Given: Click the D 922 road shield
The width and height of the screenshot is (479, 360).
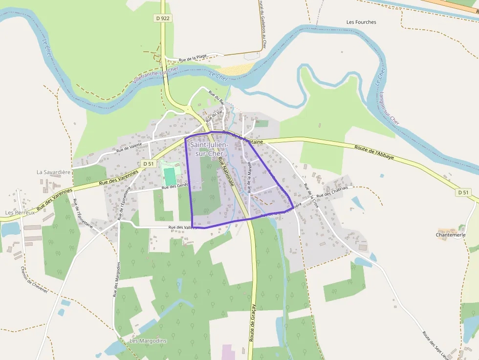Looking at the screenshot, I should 163,18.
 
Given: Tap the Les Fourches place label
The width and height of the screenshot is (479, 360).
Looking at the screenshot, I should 361,22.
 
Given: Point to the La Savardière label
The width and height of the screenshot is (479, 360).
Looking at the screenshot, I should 54,172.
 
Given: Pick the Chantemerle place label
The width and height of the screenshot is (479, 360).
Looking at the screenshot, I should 450,234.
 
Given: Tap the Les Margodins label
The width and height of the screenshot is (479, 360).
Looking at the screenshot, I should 148,340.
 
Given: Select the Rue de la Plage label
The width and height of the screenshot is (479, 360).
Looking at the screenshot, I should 193,59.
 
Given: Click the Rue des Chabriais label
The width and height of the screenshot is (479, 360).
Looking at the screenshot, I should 332,192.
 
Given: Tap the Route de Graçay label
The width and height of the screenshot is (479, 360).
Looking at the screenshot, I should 253,322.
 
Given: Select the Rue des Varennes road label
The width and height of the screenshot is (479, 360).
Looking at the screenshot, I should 119,176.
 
